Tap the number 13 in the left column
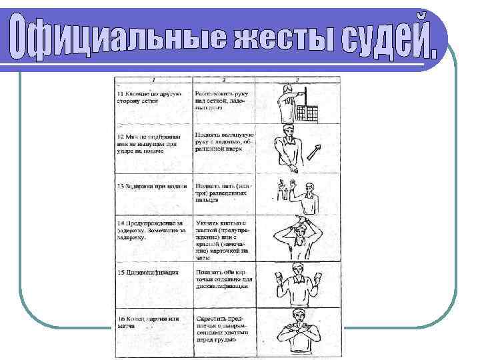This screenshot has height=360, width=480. click(x=120, y=185)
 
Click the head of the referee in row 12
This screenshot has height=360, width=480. click(x=287, y=130)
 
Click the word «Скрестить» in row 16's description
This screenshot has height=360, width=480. click(x=212, y=319)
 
